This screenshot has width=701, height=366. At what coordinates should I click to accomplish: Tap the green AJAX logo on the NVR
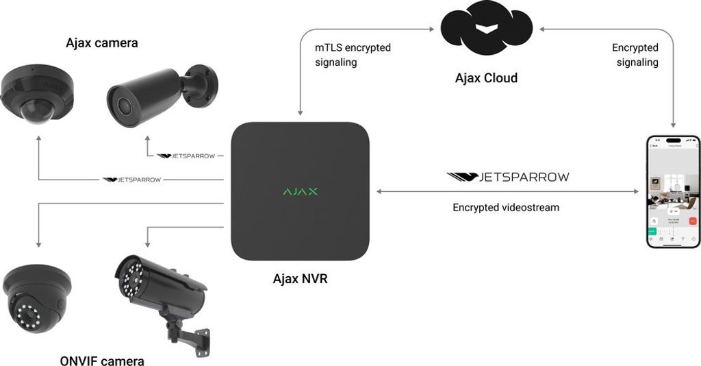point(300,191)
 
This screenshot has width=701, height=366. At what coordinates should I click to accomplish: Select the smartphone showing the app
point(674,192)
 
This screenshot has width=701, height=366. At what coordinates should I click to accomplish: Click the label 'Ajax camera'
point(102,43)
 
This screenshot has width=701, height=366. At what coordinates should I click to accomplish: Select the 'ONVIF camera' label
point(103,361)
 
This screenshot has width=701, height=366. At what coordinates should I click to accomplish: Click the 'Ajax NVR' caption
point(300,279)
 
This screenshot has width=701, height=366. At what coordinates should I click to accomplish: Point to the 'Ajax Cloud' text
point(486,78)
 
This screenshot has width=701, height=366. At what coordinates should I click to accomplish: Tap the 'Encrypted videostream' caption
point(506,207)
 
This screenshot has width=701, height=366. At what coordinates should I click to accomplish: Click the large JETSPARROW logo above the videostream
point(507,177)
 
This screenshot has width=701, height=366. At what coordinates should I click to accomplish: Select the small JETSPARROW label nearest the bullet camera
point(186,156)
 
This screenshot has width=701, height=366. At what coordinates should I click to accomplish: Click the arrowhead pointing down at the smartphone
point(674,125)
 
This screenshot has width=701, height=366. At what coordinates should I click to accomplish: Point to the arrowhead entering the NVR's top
point(300,112)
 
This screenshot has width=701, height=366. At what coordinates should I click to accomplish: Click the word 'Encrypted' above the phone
point(635,48)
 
